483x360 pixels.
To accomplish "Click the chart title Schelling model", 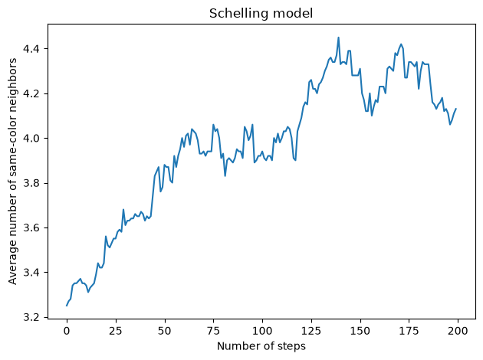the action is click(x=261, y=14).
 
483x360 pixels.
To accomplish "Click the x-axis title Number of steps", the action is click(x=261, y=346).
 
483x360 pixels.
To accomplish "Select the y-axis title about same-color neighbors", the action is click(x=12, y=172).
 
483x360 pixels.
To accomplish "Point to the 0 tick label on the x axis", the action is click(x=67, y=331).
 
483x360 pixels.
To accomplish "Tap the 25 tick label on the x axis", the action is click(x=116, y=331).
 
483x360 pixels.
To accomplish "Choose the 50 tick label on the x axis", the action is click(x=164, y=331).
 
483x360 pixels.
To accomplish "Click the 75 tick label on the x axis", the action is click(x=213, y=331).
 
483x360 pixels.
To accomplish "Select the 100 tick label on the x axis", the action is click(x=262, y=331).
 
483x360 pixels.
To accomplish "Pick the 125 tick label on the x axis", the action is click(x=311, y=331).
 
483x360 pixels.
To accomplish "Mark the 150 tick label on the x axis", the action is click(x=360, y=331).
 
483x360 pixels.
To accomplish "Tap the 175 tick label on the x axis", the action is click(x=409, y=331).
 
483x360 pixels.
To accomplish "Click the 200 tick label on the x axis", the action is click(x=458, y=331).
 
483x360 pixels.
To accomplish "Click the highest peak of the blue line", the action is click(x=339, y=38).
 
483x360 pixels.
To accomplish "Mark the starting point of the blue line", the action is click(x=67, y=306).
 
